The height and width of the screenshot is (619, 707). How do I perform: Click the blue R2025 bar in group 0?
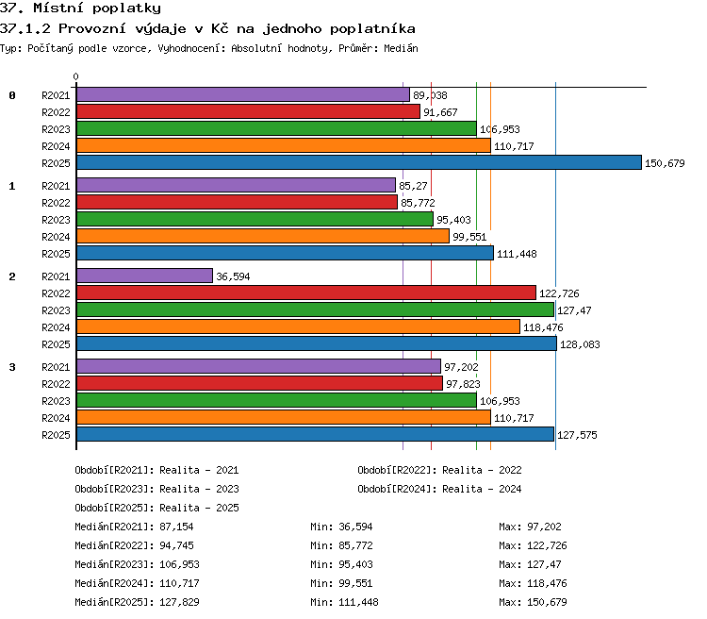point(359,162)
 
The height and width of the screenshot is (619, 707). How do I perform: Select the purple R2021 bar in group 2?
point(144,276)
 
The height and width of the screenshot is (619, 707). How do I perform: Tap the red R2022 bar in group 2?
point(306,293)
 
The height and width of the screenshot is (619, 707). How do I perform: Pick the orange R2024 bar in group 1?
point(263,236)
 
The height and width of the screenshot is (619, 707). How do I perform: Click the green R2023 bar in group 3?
point(276,400)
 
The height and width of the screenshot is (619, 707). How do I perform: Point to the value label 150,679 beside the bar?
point(665,163)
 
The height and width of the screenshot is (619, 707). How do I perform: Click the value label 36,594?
point(233,276)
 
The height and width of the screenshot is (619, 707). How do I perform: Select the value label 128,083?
point(580,344)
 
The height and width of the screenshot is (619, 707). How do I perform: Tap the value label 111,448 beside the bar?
point(517,254)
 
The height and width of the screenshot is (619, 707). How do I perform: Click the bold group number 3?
point(12,367)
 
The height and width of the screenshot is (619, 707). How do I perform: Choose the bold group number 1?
point(12,186)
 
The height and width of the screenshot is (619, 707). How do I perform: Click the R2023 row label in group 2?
point(56,310)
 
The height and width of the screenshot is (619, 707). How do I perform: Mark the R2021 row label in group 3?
point(56,367)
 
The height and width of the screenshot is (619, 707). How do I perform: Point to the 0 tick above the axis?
point(75,76)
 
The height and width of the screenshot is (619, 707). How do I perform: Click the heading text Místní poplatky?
point(97,8)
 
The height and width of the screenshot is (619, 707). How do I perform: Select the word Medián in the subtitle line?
point(401,48)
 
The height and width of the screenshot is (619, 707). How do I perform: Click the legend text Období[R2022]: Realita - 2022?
point(439,470)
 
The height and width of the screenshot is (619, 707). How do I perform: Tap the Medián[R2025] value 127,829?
point(179,602)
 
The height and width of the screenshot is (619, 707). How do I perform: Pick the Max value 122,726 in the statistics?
point(547,545)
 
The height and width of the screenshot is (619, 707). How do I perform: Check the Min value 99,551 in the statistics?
point(355,583)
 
